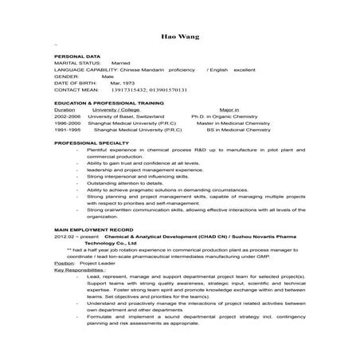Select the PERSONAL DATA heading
[x=77, y=57]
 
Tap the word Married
[x=121, y=64]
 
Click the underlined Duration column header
[x=65, y=109]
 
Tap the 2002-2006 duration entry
[x=68, y=115]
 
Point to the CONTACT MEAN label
[x=76, y=90]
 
